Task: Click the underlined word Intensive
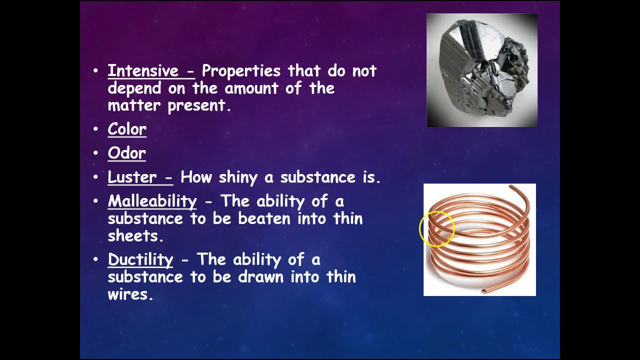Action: (143, 71)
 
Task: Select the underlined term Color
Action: (127, 129)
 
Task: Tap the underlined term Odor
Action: (127, 153)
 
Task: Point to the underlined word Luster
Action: (132, 177)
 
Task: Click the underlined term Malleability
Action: (152, 201)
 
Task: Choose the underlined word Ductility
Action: (140, 259)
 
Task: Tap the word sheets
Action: (133, 235)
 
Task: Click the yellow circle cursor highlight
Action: (437, 229)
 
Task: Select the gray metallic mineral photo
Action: (482, 70)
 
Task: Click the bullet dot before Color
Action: (96, 129)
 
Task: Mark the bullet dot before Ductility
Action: (96, 259)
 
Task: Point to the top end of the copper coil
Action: (511, 187)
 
